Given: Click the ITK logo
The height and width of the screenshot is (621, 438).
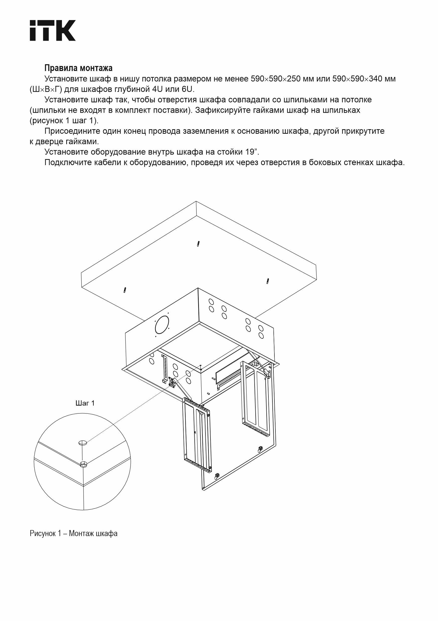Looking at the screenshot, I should click(x=52, y=30).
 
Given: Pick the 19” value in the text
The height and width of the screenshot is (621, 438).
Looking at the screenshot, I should click(x=252, y=152).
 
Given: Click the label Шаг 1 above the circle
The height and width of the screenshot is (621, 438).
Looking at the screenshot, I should click(x=85, y=403).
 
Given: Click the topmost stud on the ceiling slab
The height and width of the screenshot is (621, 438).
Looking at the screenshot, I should click(x=198, y=244).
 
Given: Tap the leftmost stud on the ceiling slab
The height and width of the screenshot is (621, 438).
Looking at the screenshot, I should click(x=125, y=290).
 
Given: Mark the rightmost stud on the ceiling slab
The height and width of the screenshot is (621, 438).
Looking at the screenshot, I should click(x=267, y=281).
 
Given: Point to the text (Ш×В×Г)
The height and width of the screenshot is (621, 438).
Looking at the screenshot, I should click(x=46, y=89).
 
